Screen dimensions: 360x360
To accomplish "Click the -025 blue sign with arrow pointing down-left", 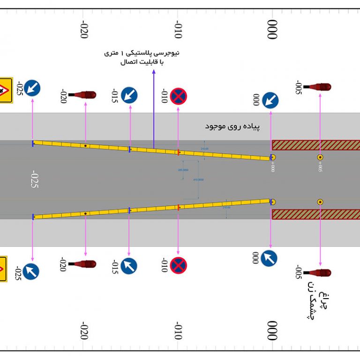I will [32, 88].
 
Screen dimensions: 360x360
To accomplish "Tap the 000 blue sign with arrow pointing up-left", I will [269, 258].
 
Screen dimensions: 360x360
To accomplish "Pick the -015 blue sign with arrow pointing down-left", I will [129, 95].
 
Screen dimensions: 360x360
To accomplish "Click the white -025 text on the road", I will [33, 180].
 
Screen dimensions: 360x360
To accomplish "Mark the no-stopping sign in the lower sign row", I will [179, 265].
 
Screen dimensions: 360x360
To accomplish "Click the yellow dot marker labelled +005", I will [321, 157].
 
